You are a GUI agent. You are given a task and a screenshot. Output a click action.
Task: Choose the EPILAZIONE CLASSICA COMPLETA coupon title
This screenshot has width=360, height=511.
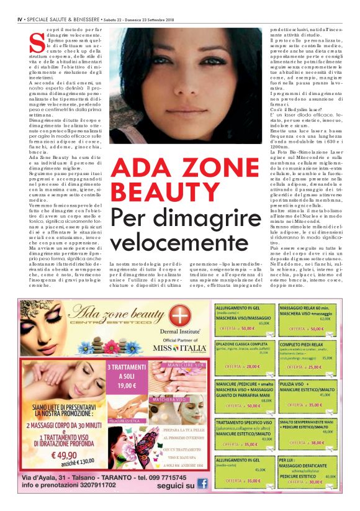241,343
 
